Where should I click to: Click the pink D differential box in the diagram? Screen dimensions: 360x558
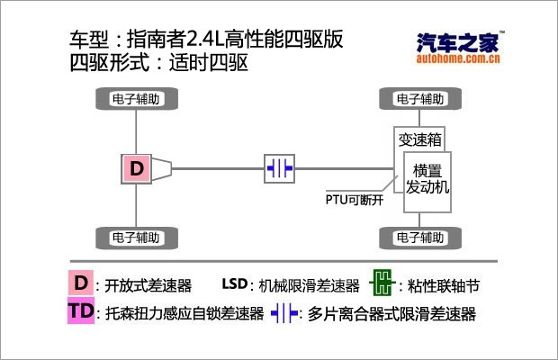[x=136, y=167]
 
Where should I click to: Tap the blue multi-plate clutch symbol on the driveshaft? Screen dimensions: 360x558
[x=279, y=167]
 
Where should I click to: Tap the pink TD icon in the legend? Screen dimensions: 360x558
[x=81, y=312]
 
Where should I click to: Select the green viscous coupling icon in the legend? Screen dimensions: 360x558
[x=383, y=284]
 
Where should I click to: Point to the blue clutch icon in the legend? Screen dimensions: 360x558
[x=284, y=313]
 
